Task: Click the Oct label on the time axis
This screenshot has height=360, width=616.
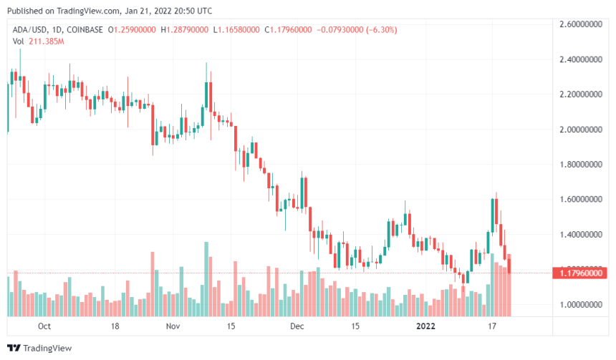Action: (x=44, y=326)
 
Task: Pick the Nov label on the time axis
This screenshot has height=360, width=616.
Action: (x=172, y=326)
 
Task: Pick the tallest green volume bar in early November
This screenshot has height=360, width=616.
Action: (x=206, y=279)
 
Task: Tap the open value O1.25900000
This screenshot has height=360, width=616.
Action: (x=133, y=30)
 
